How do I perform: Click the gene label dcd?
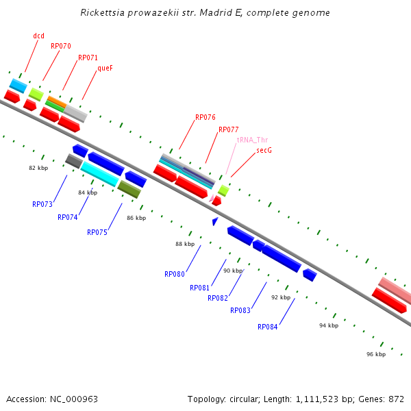(38, 36)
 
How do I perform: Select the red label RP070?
(61, 47)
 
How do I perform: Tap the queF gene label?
(105, 68)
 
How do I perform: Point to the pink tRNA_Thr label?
(252, 140)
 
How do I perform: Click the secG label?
(264, 150)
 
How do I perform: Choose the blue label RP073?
(42, 204)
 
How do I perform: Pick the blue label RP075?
(97, 232)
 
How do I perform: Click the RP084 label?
(268, 327)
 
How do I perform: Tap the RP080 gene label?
(175, 274)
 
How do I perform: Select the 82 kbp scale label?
(38, 168)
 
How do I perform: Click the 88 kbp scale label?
(185, 244)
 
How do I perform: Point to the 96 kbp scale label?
(376, 354)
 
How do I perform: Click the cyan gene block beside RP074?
(100, 174)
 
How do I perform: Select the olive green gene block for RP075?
(129, 189)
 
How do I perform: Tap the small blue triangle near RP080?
(215, 221)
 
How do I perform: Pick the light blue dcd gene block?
(18, 86)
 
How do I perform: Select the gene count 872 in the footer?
(396, 399)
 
